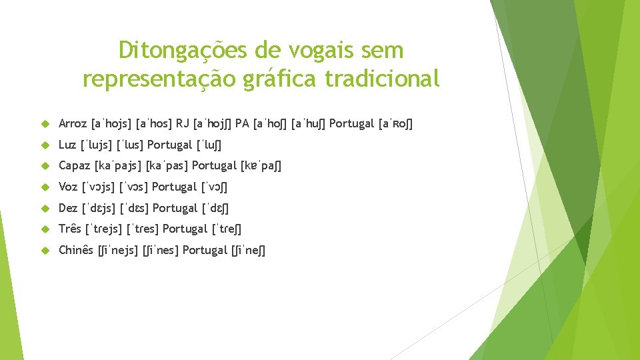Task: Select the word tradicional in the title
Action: click(383, 79)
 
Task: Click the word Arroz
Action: click(73, 123)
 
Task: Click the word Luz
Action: click(67, 145)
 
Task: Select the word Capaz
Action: click(75, 166)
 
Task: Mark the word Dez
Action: click(69, 208)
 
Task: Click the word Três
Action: click(70, 229)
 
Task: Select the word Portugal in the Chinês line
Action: click(205, 251)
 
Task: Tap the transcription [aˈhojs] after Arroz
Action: click(111, 123)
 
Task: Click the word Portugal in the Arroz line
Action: click(351, 123)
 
